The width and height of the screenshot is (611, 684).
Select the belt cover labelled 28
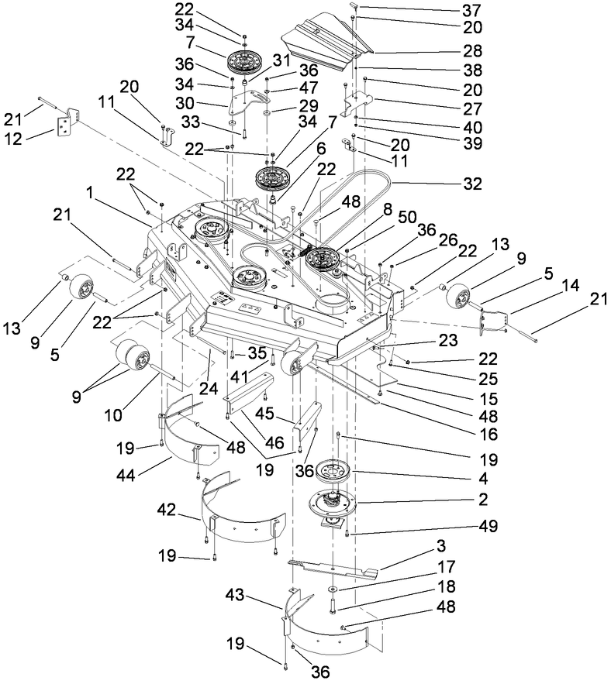[318, 39]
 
